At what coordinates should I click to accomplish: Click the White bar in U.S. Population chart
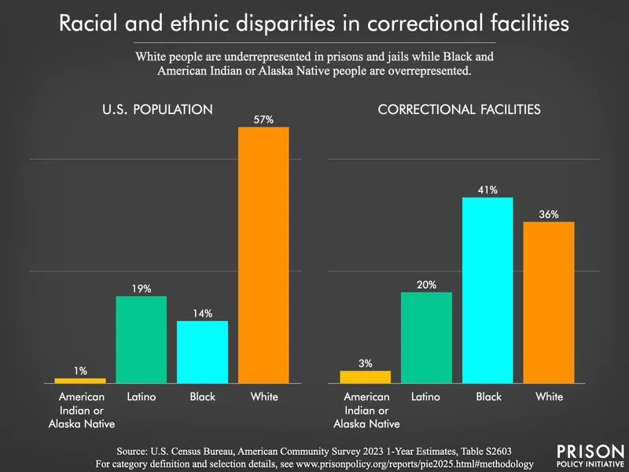pos(263,254)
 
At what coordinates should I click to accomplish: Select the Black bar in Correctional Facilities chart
pos(487,289)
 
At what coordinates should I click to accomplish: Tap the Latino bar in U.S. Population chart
pos(142,339)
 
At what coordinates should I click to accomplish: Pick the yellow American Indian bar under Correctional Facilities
pos(365,377)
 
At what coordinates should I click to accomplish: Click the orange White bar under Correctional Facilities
pos(549,302)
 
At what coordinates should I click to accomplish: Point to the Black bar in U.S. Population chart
pos(202,352)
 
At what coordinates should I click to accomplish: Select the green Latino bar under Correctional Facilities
pos(426,337)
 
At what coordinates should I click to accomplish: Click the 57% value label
pos(263,119)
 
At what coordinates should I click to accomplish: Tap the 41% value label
pos(487,190)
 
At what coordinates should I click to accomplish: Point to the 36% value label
pos(549,214)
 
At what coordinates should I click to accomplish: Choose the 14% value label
pos(202,313)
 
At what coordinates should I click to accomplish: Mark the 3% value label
pos(365,363)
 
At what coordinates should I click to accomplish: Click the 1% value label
pos(80,371)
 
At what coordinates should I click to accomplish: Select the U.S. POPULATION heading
pos(157,110)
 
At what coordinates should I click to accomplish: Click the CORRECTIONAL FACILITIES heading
pos(459,110)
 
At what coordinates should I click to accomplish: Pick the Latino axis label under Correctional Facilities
pos(426,396)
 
